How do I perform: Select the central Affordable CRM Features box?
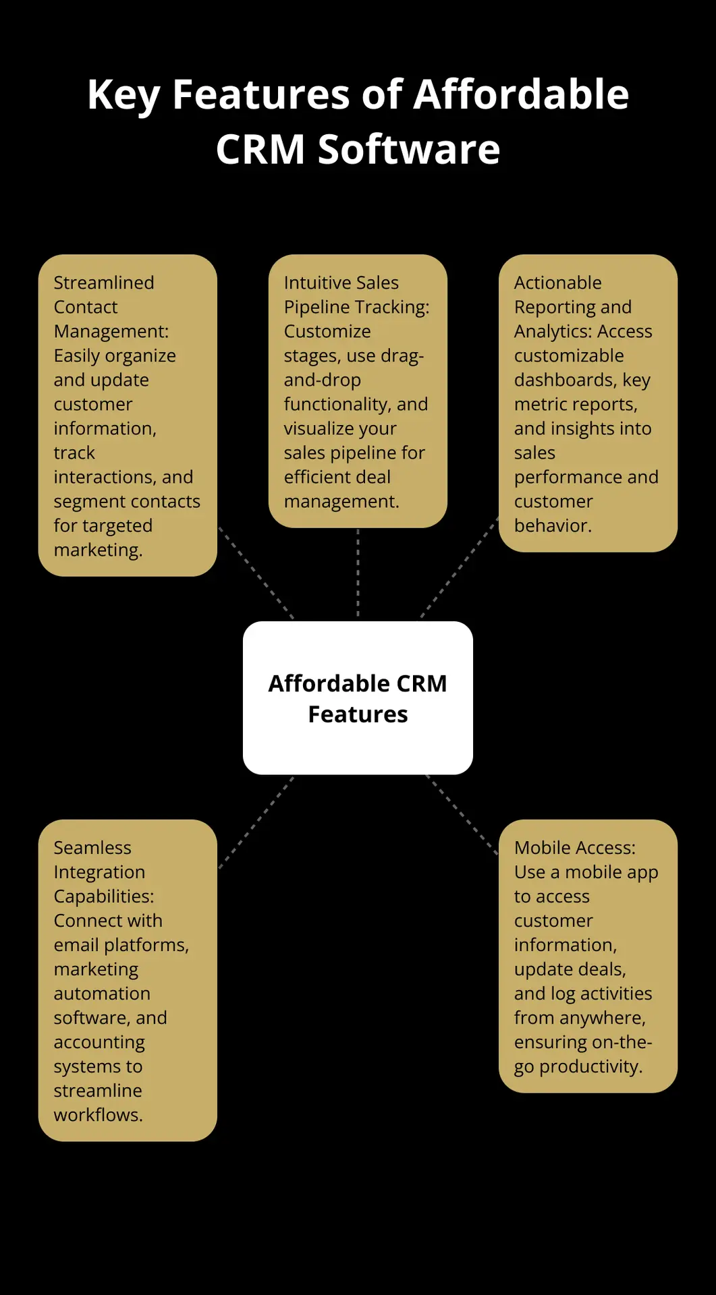358,697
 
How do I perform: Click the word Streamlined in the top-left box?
104,283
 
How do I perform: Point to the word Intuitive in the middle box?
314,283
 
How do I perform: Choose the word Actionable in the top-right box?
557,283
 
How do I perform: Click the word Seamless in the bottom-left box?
92,848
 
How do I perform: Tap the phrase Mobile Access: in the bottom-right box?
574,848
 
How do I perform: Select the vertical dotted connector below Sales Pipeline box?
358,573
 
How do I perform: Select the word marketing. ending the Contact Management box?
98,550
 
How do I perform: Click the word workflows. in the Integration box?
98,1115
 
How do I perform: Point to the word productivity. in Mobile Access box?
590,1066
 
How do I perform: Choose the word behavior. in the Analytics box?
553,525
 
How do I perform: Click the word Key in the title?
123,95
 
